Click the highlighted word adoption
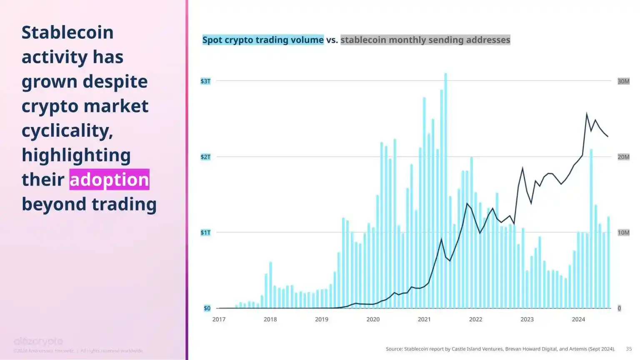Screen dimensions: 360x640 pos(109,180)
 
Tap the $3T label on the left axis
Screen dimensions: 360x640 pos(205,81)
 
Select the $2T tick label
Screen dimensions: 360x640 pos(205,157)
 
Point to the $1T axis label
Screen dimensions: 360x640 pos(205,232)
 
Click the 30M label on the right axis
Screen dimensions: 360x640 pos(623,81)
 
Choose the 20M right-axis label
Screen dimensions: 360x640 pos(623,157)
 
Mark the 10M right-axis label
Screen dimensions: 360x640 pos(623,232)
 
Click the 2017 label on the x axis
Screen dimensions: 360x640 pos(219,320)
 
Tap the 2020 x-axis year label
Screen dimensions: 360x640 pos(373,320)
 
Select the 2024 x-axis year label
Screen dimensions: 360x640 pos(578,320)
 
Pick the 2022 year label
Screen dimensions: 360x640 pos(475,320)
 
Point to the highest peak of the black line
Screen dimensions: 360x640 pos(587,113)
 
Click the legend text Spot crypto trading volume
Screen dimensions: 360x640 pos(263,40)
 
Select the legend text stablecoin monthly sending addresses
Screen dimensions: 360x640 pos(425,40)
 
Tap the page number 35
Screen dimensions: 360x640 pos(629,349)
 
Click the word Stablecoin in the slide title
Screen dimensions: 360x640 pos(67,32)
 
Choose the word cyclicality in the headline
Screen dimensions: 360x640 pos(67,131)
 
